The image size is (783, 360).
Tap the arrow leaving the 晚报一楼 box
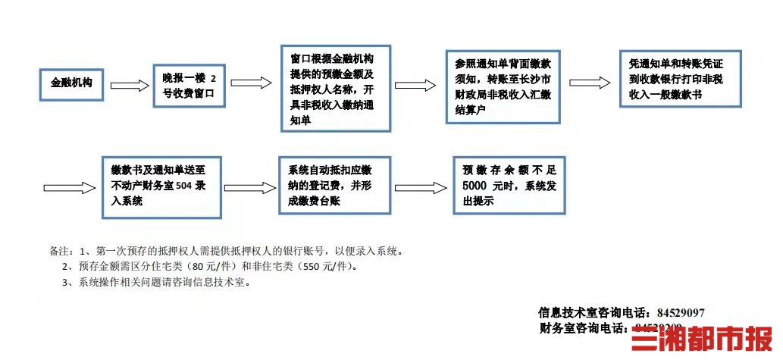tap(251, 83)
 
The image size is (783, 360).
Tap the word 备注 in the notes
tap(61, 251)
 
